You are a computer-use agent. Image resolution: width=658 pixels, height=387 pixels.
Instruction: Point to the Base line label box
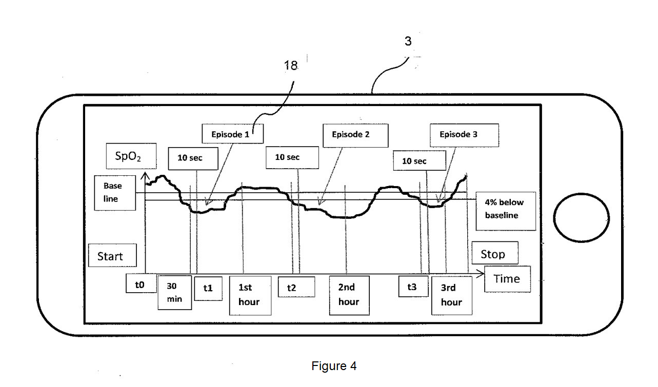click(x=115, y=193)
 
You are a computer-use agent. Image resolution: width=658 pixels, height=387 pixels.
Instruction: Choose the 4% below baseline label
click(x=505, y=211)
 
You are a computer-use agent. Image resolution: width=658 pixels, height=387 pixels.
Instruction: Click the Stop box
click(x=494, y=253)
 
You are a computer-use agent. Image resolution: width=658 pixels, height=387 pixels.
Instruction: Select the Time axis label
click(x=507, y=279)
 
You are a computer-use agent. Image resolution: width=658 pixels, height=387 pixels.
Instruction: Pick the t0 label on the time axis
click(x=141, y=283)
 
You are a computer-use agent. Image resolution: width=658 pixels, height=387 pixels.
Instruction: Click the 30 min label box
click(x=174, y=293)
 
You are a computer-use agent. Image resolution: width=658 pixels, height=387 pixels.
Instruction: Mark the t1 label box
click(x=208, y=289)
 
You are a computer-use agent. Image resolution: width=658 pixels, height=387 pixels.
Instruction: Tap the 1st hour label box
click(x=250, y=295)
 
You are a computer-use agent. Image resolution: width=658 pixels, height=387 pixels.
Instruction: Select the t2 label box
click(x=296, y=287)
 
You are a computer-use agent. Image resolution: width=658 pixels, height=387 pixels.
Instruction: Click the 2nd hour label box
click(x=349, y=295)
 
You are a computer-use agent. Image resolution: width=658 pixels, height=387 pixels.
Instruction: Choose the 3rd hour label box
click(x=451, y=295)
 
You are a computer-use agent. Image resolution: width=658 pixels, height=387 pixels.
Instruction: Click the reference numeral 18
click(x=291, y=66)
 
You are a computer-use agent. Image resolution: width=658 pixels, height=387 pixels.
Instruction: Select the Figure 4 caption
click(x=334, y=366)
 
